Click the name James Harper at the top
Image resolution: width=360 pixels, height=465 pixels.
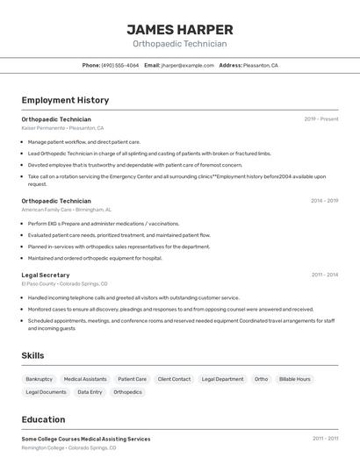[x=179, y=29]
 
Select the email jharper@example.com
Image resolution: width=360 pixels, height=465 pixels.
[x=187, y=66]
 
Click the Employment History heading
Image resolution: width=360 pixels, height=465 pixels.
[x=65, y=101]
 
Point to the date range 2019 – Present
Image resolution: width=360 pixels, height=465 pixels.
[x=320, y=119]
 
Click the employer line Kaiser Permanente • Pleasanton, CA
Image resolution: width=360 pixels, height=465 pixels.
[x=62, y=128]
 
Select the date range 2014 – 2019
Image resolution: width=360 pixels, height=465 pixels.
[x=324, y=201]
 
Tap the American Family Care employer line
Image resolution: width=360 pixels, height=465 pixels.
[x=66, y=210]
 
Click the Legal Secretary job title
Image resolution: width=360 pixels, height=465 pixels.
[x=46, y=275]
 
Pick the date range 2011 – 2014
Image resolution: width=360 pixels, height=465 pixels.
[x=324, y=275]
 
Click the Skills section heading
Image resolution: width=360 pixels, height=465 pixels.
[x=33, y=355]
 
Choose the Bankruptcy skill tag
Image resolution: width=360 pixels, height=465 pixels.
[x=39, y=379]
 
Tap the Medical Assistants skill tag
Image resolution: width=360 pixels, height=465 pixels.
[x=85, y=379]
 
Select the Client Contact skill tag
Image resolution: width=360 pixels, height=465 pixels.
[x=174, y=379]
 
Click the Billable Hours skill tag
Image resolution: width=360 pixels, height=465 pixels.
[x=294, y=379]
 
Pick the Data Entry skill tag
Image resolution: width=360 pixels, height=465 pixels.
[x=90, y=392]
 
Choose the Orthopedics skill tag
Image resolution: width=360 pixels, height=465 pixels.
[x=127, y=392]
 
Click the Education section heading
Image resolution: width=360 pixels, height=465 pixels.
[x=43, y=419]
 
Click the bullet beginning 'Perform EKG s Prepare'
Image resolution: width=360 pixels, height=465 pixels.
[x=104, y=224]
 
